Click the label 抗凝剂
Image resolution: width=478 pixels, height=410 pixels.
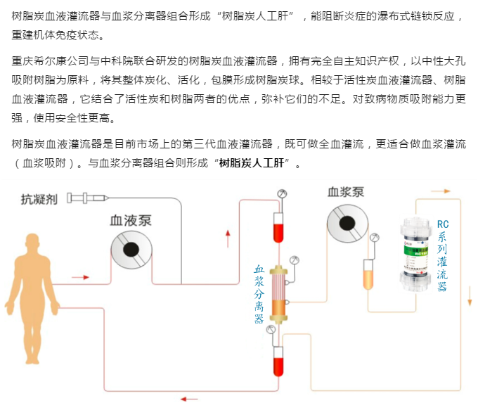tap(38, 199)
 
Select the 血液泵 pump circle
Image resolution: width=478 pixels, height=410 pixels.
tap(131, 249)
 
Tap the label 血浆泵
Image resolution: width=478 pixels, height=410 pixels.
tap(345, 191)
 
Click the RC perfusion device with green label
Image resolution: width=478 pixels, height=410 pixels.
tap(416, 253)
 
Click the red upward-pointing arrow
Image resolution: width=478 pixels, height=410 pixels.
tap(228, 238)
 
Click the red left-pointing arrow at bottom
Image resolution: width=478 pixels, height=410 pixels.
tap(188, 399)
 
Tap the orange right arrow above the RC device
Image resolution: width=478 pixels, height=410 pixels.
tap(441, 190)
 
